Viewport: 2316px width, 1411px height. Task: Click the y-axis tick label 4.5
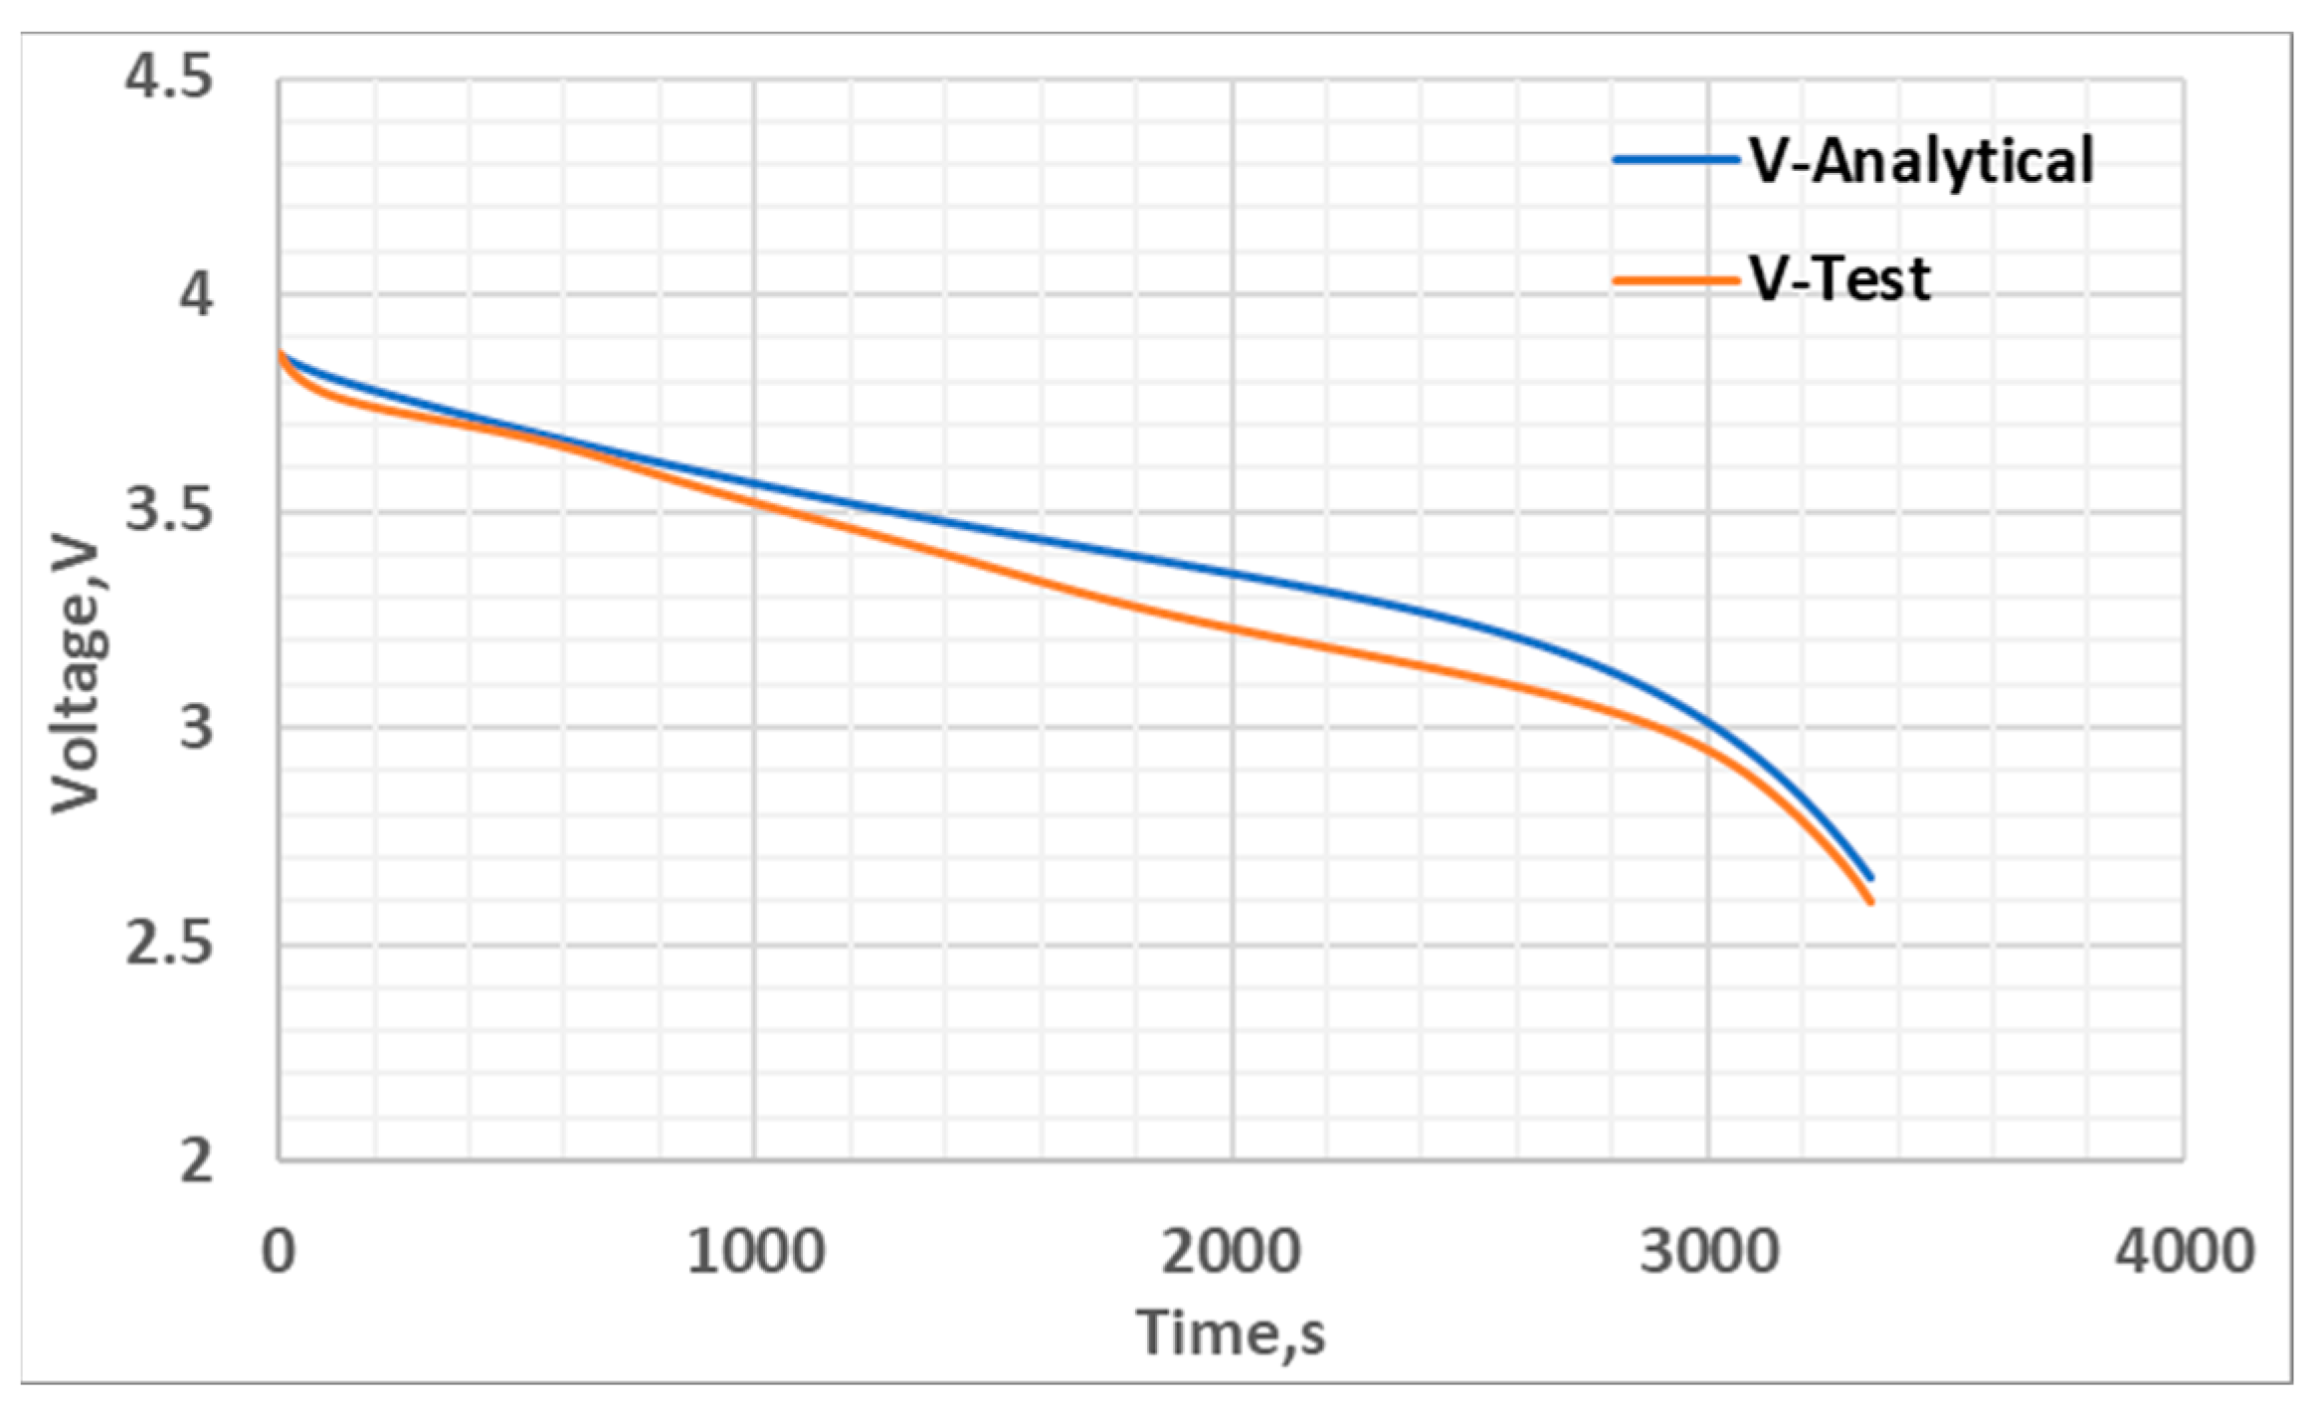point(168,78)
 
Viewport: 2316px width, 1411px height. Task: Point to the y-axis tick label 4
point(196,294)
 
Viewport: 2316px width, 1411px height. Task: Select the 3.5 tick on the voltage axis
point(168,512)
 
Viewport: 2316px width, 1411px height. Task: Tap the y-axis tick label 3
point(196,728)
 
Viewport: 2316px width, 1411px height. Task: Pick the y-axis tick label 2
point(196,1160)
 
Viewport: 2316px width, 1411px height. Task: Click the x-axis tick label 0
point(279,1252)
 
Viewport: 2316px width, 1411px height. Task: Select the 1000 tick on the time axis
point(755,1252)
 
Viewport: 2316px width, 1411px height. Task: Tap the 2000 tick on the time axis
point(1232,1252)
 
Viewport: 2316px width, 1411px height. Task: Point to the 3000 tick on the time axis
point(1708,1252)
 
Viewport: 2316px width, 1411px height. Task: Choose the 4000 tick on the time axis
point(2184,1252)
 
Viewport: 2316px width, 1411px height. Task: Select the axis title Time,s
point(1232,1332)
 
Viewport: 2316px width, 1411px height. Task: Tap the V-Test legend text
point(1840,279)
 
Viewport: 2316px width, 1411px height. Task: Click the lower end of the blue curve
point(1871,878)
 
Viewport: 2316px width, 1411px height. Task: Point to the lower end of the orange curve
point(1871,902)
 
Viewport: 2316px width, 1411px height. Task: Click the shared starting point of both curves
point(281,353)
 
